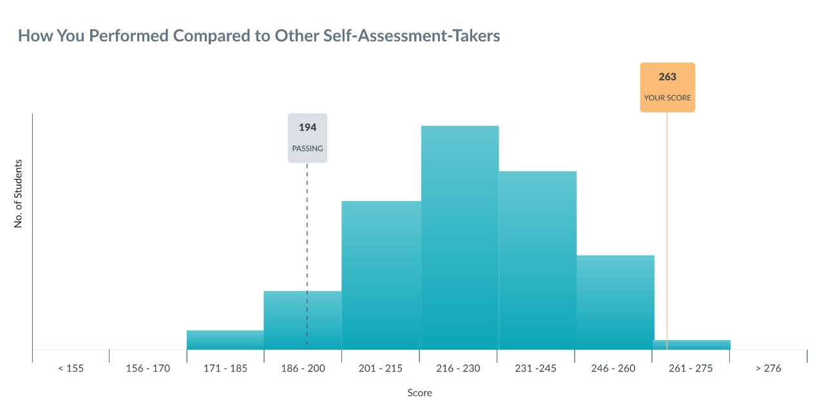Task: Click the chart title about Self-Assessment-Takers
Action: click(259, 36)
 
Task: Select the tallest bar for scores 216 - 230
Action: click(460, 238)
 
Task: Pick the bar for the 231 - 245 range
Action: click(537, 261)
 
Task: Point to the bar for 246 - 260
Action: click(615, 303)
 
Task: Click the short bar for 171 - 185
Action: click(225, 340)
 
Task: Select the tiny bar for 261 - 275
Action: click(692, 345)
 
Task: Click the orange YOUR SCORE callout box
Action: click(667, 88)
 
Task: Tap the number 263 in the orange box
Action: click(667, 77)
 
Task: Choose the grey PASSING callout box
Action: click(307, 138)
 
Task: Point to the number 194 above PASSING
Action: click(307, 128)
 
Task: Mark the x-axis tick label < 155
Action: click(70, 368)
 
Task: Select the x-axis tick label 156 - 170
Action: click(147, 368)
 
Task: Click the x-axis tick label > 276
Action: click(767, 368)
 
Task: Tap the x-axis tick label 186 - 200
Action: click(303, 368)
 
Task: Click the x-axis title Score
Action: click(419, 393)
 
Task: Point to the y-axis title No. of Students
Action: click(19, 194)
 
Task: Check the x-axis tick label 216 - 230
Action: click(458, 368)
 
